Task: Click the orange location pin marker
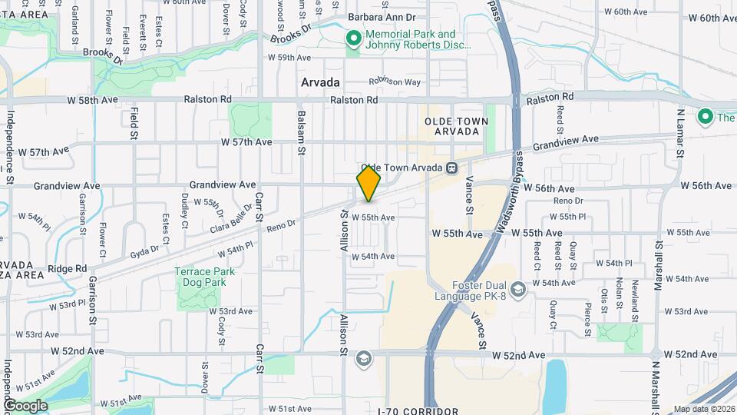pos(368,183)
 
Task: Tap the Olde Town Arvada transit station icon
pos(453,168)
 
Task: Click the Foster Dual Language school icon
pos(519,289)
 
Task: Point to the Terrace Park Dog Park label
pos(203,277)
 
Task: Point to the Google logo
pos(25,406)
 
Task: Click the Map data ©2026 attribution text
pos(704,409)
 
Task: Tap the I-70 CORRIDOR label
pos(418,411)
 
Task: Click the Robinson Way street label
pos(395,81)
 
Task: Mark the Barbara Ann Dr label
pos(381,16)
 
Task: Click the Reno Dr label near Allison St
pos(280,224)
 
